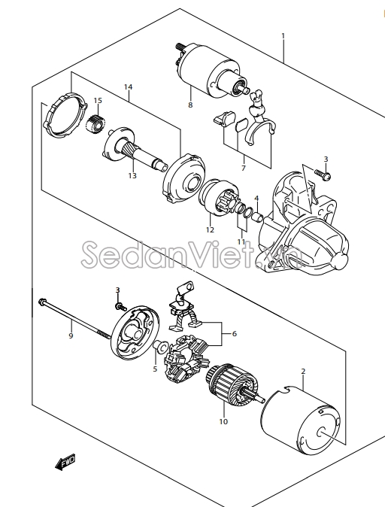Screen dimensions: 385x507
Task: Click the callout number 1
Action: (283, 35)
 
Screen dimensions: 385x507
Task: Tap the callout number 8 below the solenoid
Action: (190, 105)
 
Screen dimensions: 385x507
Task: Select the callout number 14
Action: (129, 87)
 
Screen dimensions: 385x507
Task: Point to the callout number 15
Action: (98, 101)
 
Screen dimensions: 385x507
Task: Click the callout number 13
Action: (132, 175)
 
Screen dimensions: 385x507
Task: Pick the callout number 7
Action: (244, 168)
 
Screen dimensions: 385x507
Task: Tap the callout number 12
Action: (210, 230)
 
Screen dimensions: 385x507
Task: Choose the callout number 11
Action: (241, 242)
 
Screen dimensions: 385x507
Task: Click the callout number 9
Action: (71, 336)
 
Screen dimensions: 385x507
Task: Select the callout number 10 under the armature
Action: (223, 422)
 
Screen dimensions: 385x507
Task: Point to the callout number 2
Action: (303, 372)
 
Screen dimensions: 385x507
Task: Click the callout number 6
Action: (235, 333)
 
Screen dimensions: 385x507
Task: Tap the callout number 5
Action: (155, 369)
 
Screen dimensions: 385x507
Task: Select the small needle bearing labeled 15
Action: (95, 123)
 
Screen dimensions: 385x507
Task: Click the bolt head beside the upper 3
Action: (326, 177)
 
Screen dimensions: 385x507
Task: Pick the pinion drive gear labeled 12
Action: (219, 196)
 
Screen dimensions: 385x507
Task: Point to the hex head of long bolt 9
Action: (41, 302)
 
